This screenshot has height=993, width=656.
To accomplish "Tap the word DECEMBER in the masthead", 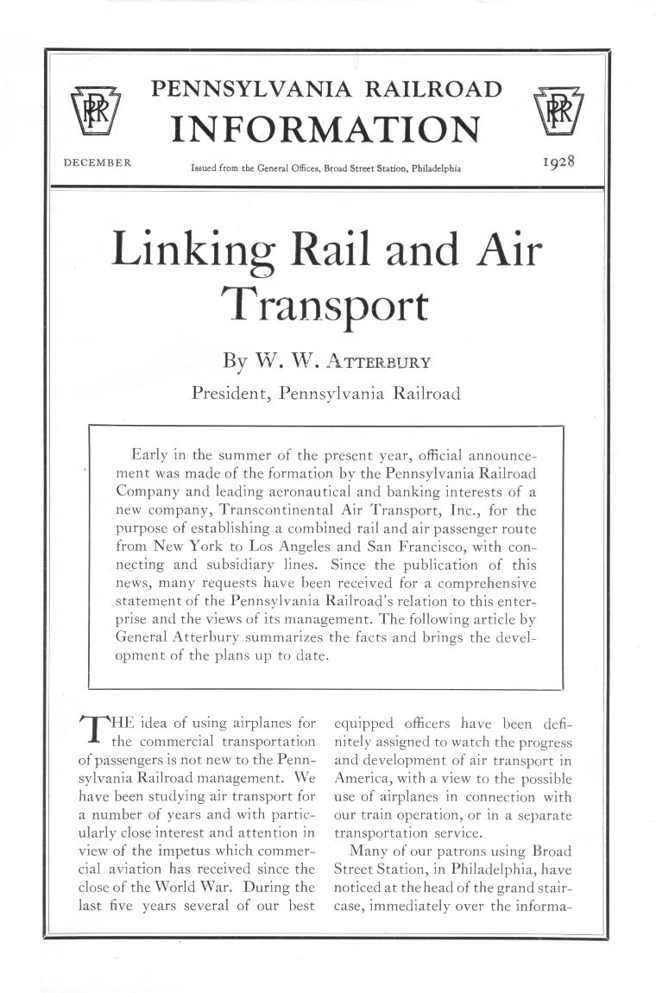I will pyautogui.click(x=98, y=161).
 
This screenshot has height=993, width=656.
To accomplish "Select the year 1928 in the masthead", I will pyautogui.click(x=558, y=161).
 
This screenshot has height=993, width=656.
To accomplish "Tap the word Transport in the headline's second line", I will pyautogui.click(x=325, y=304).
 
